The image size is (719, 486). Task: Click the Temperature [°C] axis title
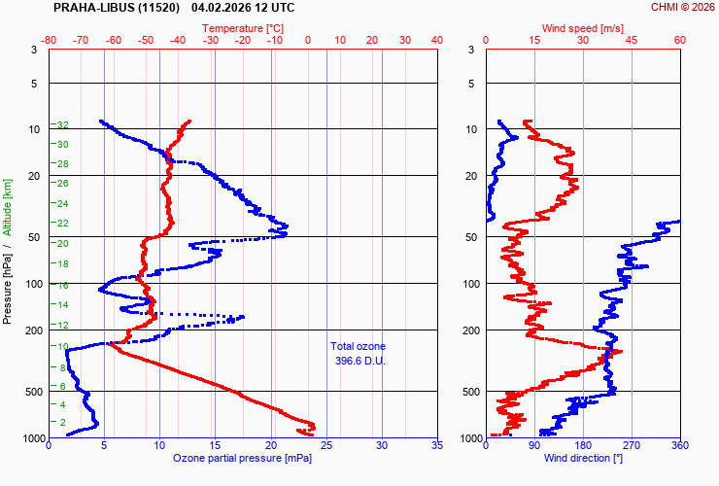[243, 28]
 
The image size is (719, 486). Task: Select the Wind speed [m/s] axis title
[582, 28]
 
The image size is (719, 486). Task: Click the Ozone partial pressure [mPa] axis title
[243, 458]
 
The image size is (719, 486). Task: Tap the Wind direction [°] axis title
[582, 458]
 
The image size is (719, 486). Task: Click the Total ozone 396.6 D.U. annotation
[358, 353]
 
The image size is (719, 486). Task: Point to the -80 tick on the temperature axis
[49, 40]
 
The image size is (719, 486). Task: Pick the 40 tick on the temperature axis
[436, 40]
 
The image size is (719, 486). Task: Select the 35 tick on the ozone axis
[436, 446]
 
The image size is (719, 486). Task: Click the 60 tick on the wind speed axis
[679, 40]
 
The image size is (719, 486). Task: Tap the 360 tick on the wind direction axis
[679, 446]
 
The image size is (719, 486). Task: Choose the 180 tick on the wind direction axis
[583, 446]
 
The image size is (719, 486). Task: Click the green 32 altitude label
[61, 125]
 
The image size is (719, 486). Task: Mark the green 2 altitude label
[63, 423]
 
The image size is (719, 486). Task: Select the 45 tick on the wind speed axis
[631, 40]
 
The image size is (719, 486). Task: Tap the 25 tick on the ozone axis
[325, 446]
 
